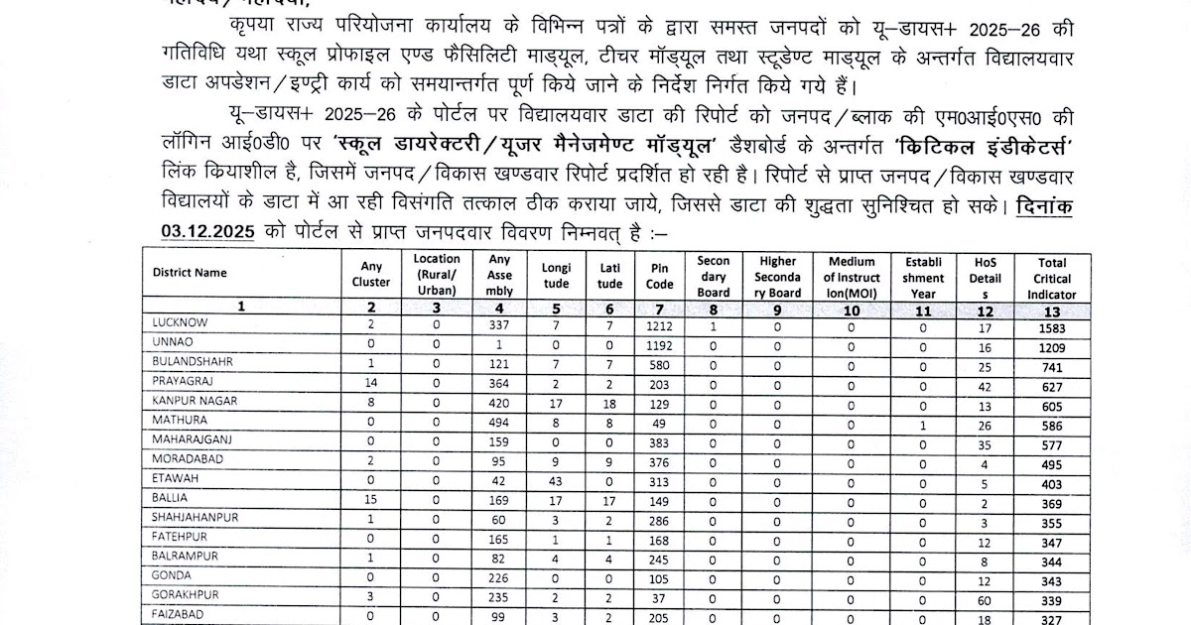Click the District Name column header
[x=190, y=273]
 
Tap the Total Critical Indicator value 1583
[x=1052, y=325]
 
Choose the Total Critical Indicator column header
[x=1052, y=278]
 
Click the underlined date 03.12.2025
[x=206, y=231]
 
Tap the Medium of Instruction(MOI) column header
[x=852, y=276]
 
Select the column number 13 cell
[x=1052, y=310]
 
